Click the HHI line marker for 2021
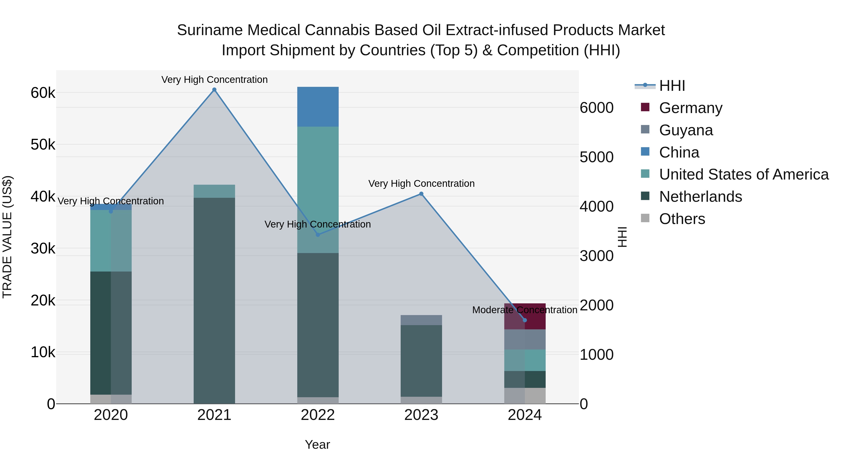[214, 90]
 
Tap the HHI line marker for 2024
[525, 320]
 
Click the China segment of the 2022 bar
[318, 107]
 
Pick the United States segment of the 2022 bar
[318, 190]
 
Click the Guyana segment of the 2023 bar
[421, 320]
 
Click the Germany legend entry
[690, 108]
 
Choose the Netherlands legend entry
[700, 197]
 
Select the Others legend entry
[682, 219]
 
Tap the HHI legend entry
[672, 86]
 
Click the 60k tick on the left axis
[43, 93]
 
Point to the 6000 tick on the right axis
[596, 108]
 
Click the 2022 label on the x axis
[318, 415]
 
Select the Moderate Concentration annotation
[525, 310]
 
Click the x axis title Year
[317, 445]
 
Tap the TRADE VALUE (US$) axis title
[7, 237]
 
